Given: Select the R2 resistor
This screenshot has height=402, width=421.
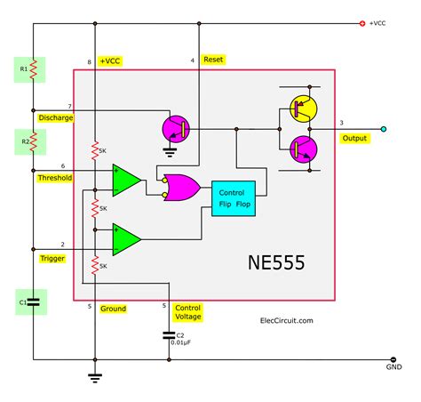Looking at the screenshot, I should tap(32, 140).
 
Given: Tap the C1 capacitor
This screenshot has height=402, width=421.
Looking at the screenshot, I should tap(32, 301).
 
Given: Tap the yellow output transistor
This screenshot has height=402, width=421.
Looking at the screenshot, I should tap(302, 108).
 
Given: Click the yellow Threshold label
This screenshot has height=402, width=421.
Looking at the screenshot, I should tap(56, 178).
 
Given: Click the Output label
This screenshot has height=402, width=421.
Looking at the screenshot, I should tap(354, 138).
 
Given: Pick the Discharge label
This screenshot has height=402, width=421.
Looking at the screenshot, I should tap(56, 117).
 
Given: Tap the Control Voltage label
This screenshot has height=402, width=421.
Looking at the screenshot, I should tap(187, 311).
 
